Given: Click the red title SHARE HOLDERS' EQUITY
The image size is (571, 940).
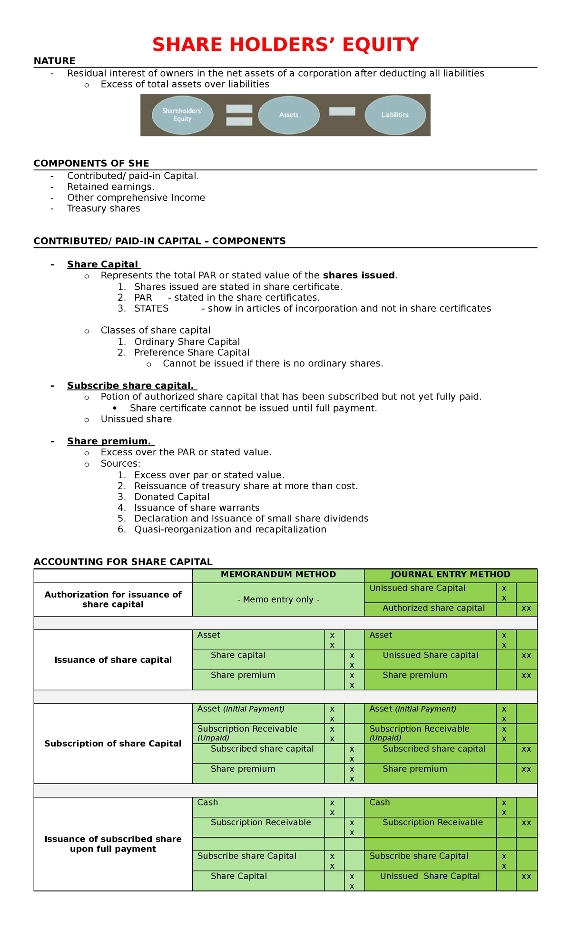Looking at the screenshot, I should point(285,45).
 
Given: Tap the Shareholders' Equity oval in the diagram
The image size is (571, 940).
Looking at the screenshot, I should point(182,115).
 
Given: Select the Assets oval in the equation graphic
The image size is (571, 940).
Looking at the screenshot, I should point(289,115).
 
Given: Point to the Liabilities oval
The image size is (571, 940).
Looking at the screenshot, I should point(395,115).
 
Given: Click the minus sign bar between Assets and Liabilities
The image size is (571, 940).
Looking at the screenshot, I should point(342,111).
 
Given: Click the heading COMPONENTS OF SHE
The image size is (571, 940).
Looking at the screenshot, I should point(91,164).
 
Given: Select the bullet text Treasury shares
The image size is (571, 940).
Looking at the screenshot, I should point(103,208).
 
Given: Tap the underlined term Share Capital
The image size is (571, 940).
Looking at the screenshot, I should point(102,264).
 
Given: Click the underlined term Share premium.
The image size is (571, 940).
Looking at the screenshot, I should point(109,441).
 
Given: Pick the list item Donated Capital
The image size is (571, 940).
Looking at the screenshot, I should point(172,497).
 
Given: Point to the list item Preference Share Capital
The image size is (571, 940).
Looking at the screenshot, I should point(192,352).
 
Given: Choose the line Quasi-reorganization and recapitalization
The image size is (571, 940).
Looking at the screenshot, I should point(230,529).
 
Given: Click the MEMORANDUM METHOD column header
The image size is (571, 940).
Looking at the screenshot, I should point(278,575).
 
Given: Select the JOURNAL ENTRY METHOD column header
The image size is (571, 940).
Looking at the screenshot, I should point(450,575).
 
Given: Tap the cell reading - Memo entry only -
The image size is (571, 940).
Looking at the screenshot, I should point(278,599).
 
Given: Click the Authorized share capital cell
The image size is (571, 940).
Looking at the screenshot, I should point(433,608).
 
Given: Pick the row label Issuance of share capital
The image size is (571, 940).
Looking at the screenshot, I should point(113,660).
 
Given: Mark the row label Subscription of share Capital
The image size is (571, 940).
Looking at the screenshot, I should point(113,744).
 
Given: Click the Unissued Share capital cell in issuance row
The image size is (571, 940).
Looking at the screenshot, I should point(431,655).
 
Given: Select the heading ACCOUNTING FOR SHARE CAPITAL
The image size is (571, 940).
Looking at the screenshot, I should point(123,562).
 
